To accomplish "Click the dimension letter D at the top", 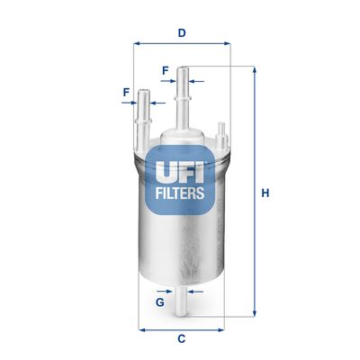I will click(181, 33).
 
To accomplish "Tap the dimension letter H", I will click(265, 192).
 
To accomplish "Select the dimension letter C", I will click(181, 338).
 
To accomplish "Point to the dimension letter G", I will click(159, 301).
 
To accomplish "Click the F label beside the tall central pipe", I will click(166, 69).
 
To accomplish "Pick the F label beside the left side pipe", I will click(126, 91).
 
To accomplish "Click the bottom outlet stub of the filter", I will click(181, 301).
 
